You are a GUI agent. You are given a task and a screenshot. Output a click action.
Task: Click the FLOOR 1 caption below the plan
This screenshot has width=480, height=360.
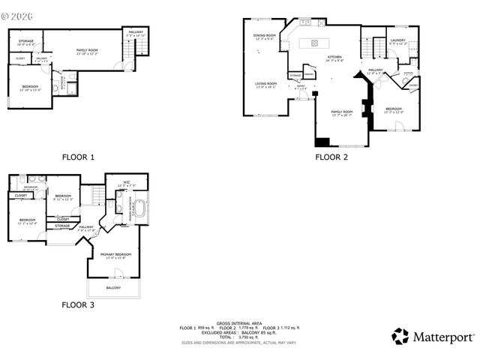[78, 157]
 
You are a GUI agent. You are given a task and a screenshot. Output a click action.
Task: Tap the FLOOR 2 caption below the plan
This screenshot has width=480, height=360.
[331, 157]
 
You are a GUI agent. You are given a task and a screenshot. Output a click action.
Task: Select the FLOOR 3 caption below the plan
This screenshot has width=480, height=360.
[78, 304]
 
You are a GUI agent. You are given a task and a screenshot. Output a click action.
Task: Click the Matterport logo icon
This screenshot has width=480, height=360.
[400, 336]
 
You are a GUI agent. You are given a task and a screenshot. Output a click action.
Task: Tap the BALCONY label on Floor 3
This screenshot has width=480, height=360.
[113, 287]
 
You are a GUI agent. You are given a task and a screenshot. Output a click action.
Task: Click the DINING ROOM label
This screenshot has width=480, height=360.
[265, 35]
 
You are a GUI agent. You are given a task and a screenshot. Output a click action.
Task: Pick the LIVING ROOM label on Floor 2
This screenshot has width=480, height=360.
[265, 83]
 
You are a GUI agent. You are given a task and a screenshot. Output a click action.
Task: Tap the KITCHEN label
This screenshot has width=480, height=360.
[334, 57]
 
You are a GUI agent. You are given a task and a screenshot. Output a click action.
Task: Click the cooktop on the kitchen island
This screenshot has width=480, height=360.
[314, 43]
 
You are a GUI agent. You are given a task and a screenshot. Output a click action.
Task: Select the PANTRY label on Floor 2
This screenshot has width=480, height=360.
[308, 74]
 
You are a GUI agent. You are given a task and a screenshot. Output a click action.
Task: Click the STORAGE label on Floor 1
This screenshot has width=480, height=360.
[26, 41]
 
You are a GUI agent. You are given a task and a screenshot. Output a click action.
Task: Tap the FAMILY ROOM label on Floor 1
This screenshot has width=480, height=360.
[88, 49]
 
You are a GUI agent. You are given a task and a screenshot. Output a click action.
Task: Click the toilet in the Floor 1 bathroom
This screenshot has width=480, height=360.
[55, 88]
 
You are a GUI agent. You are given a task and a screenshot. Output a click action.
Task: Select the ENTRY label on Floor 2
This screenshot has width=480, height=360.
[301, 85]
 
